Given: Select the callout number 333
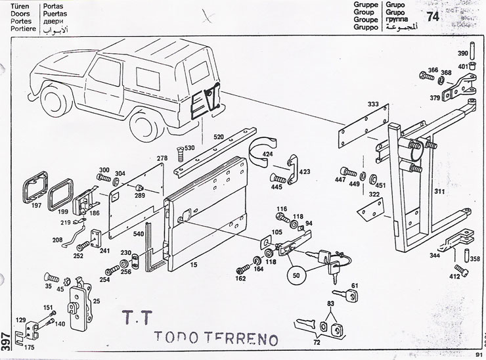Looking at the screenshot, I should pos(373,105).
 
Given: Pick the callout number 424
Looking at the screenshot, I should pos(268,155).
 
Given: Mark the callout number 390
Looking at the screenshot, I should pos(462,54).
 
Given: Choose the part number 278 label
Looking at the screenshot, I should pos(162,158).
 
